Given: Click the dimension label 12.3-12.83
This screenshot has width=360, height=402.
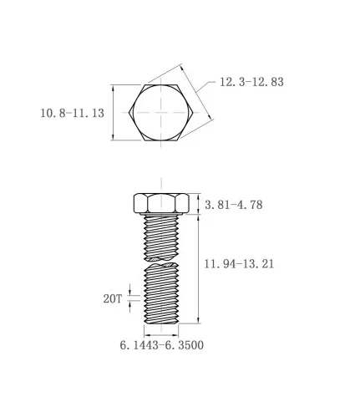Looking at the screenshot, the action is [x=251, y=82].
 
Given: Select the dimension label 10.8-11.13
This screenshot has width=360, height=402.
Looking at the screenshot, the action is [x=73, y=113].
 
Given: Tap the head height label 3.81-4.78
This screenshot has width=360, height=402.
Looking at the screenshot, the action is [x=234, y=205].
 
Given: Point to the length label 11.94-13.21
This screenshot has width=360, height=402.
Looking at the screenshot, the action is [x=239, y=263].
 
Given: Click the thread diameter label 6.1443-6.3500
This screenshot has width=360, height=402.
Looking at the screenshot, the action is [x=162, y=345].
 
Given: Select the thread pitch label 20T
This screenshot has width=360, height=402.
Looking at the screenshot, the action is [x=113, y=299].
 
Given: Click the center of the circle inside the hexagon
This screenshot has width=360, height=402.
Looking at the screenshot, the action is [x=160, y=113].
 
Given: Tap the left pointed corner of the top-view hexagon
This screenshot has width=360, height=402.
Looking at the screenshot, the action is [x=129, y=113].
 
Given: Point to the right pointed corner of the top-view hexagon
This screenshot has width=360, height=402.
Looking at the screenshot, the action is [x=193, y=113].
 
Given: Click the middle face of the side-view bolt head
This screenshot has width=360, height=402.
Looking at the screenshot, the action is [x=161, y=204].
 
